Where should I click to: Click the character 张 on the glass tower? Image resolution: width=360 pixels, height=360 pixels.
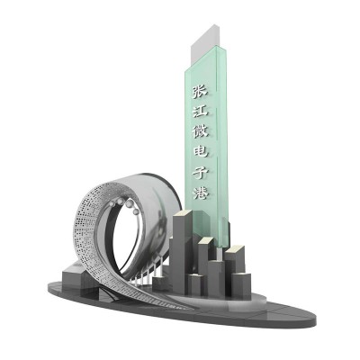[x=201, y=92]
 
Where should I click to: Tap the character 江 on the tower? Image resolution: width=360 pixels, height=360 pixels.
[x=201, y=111]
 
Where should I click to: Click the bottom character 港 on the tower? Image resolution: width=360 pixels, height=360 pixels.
[x=201, y=192]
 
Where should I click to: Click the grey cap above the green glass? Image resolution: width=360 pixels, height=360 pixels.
[x=205, y=45]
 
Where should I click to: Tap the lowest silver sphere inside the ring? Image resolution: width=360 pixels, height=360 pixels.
[x=135, y=211]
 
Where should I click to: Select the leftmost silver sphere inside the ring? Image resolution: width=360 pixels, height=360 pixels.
[x=112, y=203]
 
